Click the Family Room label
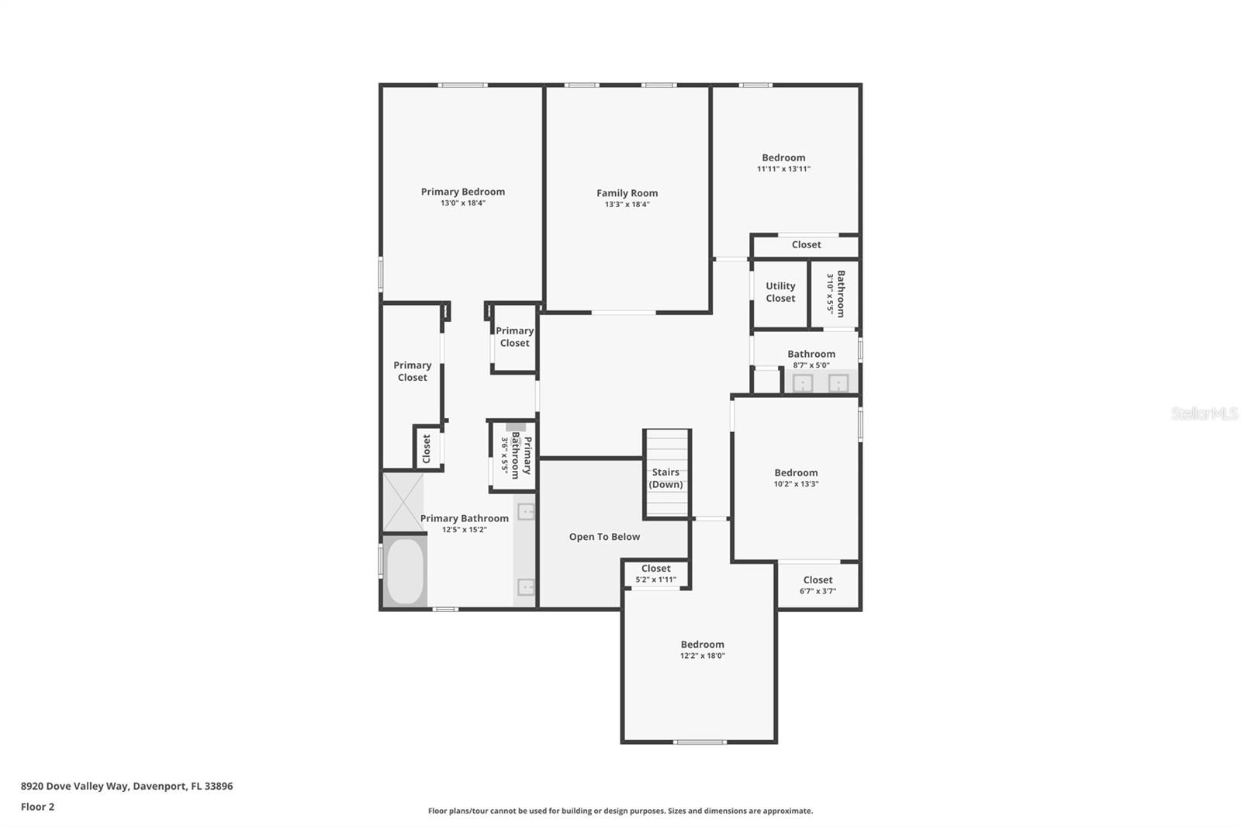627,193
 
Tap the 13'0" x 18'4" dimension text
462,203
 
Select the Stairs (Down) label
665,478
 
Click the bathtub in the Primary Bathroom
405,572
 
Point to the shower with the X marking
403,503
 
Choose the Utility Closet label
780,292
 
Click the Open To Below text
604,537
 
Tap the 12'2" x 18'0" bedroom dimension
702,656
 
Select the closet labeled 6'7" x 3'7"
818,585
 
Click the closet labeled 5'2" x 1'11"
655,573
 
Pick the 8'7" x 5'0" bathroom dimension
811,365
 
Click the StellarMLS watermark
1204,413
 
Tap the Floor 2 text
37,807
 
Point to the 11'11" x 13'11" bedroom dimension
783,168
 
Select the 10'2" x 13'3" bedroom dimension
796,484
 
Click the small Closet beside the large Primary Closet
427,448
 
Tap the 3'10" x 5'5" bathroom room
835,293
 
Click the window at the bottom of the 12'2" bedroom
700,742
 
